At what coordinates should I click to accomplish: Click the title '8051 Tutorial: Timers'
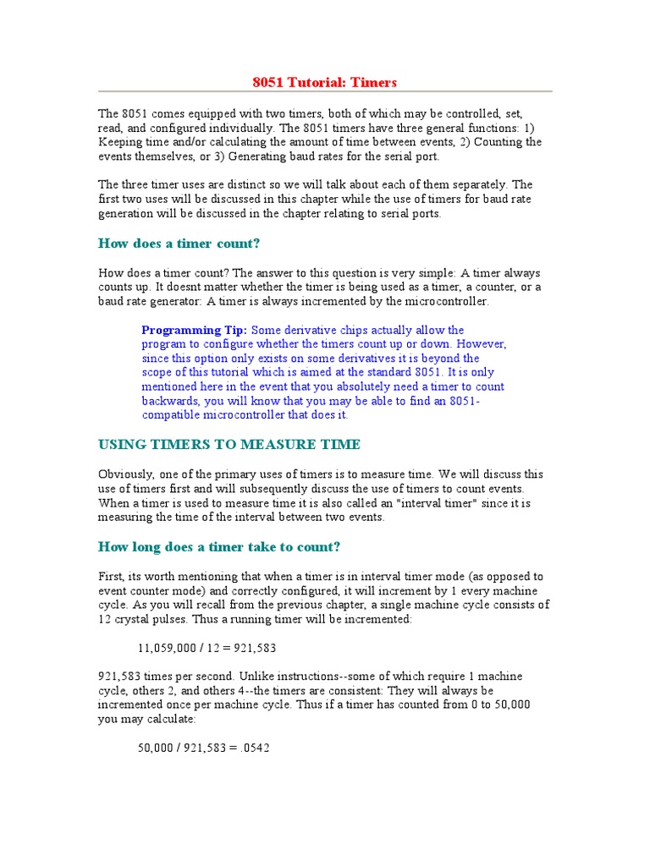[324, 82]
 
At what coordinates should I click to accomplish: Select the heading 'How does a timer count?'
[179, 244]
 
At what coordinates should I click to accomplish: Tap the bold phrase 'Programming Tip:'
[194, 330]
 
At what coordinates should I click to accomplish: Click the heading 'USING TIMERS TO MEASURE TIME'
[229, 445]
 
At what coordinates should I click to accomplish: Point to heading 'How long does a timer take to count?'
[219, 547]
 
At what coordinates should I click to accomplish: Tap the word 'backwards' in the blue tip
[168, 401]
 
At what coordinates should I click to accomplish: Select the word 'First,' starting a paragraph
[113, 577]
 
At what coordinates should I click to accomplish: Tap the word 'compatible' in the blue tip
[168, 415]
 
